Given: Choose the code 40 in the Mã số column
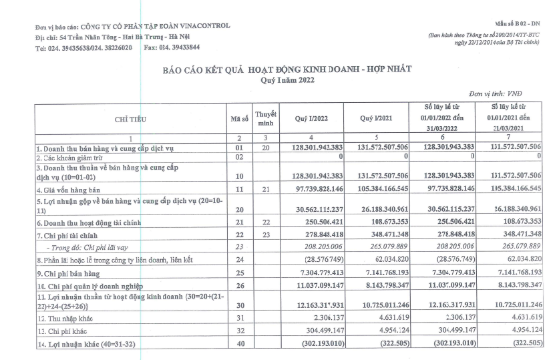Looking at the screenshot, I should point(239,343).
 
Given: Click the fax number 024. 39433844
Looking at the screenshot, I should point(171,47).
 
